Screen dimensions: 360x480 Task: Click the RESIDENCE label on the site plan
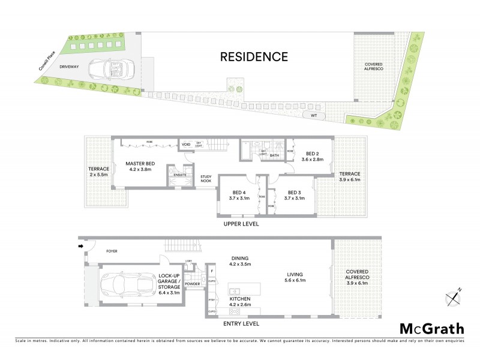(x=254, y=58)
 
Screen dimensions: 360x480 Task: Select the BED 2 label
(x=310, y=157)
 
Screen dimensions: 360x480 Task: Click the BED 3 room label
(x=293, y=194)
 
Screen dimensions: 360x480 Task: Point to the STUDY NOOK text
(x=206, y=178)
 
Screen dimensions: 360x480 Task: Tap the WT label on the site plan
(x=313, y=113)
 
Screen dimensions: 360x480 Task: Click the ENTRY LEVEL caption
(x=239, y=323)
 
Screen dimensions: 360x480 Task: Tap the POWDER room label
(x=192, y=284)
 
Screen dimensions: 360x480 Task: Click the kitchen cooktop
(x=235, y=311)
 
